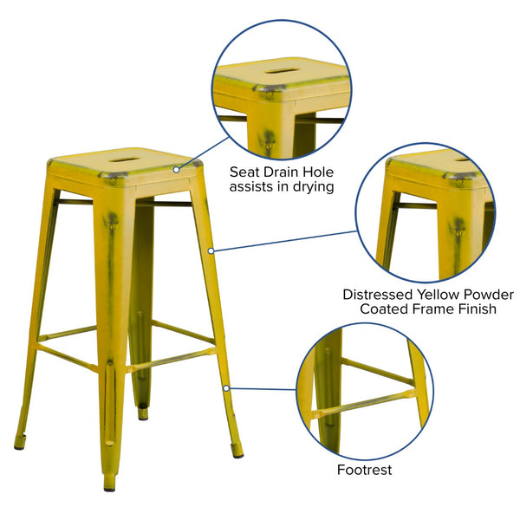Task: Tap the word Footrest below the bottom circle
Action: [x=365, y=470]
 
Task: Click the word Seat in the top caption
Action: [x=245, y=171]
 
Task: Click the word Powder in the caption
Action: [x=488, y=295]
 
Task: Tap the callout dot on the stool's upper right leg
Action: [x=211, y=251]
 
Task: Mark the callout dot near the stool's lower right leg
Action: [x=226, y=387]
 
